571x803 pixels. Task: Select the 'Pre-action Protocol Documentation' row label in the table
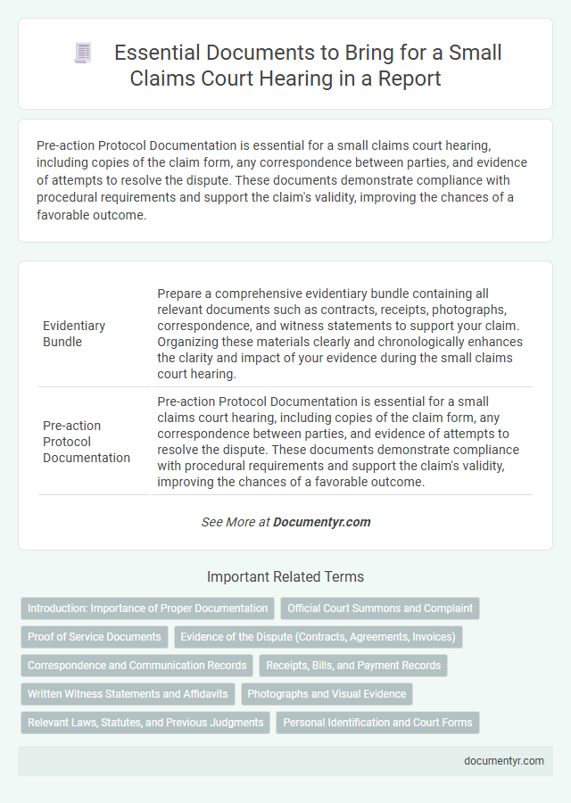pos(86,441)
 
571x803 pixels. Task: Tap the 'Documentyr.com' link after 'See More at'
pos(322,522)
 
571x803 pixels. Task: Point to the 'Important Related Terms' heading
pos(285,576)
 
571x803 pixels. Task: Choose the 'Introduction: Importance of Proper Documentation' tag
pos(148,608)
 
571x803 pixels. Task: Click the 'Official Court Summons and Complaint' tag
pos(380,608)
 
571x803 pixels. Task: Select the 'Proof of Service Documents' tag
pos(95,637)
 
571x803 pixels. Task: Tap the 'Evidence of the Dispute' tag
pos(318,637)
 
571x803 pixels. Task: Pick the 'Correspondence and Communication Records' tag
pos(137,666)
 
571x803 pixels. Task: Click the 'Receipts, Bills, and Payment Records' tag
pos(353,666)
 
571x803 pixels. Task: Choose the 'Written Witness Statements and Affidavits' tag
pos(128,694)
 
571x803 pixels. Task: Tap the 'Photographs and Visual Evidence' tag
pos(327,694)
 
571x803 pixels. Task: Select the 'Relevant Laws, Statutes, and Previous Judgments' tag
pos(145,723)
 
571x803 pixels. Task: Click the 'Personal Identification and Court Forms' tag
pos(378,723)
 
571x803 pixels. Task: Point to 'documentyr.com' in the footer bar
pos(504,761)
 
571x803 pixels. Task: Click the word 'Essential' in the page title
pos(157,53)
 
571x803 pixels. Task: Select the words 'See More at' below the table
pos(235,522)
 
